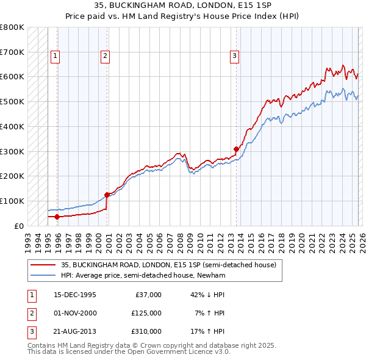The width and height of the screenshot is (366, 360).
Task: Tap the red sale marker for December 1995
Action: [x=57, y=217]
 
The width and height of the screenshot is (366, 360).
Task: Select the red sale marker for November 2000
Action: [x=107, y=195]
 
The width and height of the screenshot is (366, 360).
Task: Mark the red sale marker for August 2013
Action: [x=236, y=148]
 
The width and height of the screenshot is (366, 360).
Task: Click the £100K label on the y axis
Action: [x=12, y=201]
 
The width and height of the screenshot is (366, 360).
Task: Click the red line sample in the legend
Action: [x=42, y=265]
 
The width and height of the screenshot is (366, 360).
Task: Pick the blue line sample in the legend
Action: [x=42, y=276]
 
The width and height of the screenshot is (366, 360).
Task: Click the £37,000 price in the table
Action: [x=146, y=295]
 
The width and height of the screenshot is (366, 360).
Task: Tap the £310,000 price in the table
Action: [x=146, y=331]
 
